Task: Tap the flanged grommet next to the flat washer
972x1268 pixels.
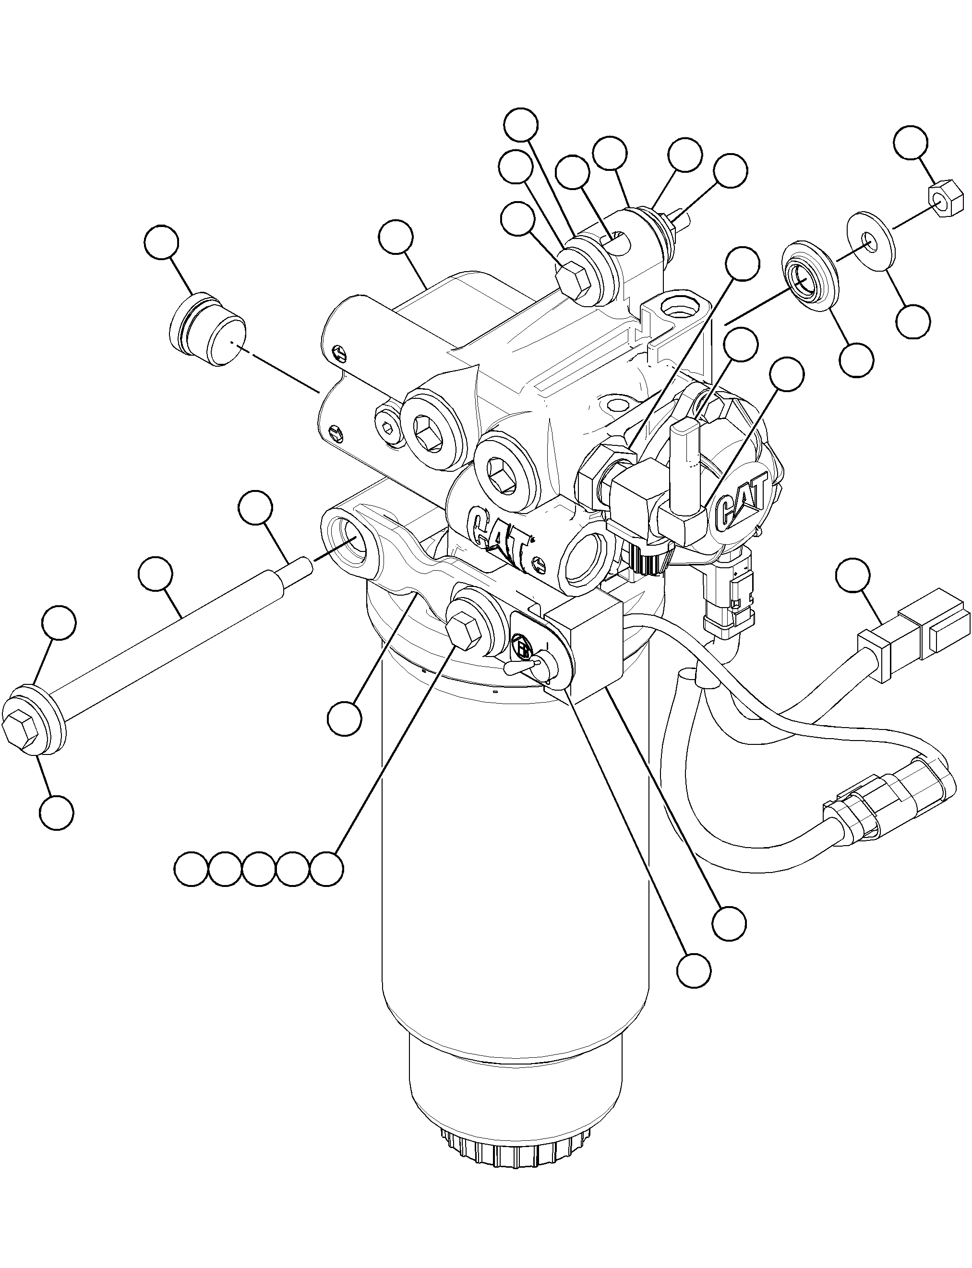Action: [810, 278]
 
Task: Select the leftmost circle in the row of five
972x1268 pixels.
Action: [191, 868]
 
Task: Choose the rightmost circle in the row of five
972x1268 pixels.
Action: [327, 868]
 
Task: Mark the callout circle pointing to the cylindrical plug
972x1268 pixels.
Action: [161, 243]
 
